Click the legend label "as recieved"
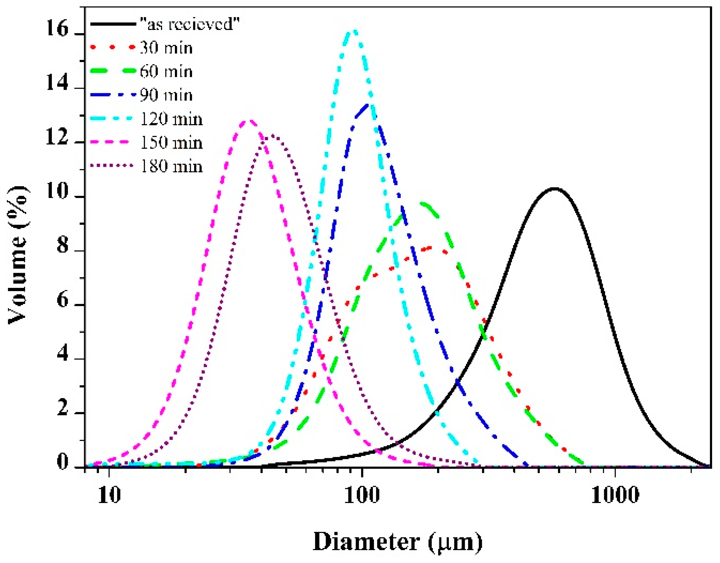click(189, 24)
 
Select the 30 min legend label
click(166, 48)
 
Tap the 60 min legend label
click(166, 72)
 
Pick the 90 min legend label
click(166, 95)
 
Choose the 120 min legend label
click(171, 119)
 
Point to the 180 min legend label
click(171, 166)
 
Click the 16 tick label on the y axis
click(57, 29)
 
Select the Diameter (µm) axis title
click(398, 542)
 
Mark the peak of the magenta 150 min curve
click(250, 121)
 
